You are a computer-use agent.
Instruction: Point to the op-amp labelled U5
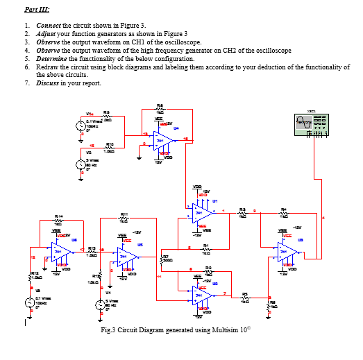point(127,256)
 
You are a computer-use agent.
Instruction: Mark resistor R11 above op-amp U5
point(126,218)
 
